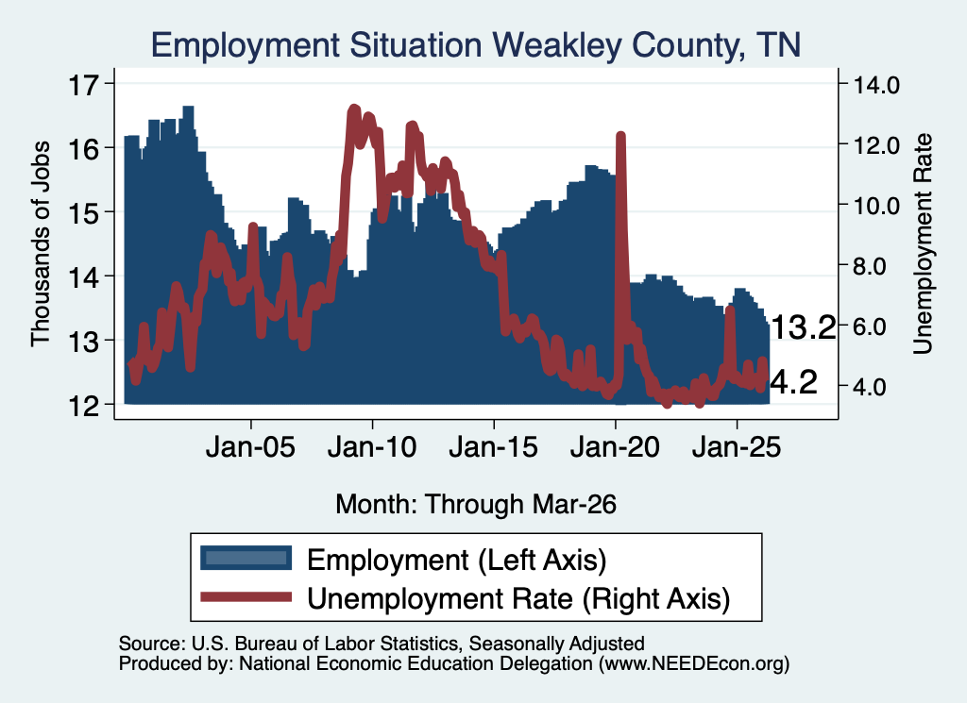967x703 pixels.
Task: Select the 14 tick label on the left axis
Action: click(x=83, y=277)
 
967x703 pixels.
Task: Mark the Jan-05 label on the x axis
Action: click(x=250, y=447)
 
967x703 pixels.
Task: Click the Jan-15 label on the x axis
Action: click(x=493, y=447)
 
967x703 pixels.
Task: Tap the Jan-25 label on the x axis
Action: click(x=737, y=447)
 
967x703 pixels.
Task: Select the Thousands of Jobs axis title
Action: click(x=40, y=244)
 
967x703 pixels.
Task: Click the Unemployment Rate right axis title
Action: click(x=923, y=244)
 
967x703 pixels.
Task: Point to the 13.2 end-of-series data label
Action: click(x=803, y=327)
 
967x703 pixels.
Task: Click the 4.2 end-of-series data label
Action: click(x=793, y=382)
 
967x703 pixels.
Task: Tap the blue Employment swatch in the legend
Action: click(x=246, y=559)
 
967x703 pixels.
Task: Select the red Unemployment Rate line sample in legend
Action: click(x=246, y=597)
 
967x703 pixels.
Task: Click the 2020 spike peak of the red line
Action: click(x=620, y=136)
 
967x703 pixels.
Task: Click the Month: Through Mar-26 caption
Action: click(x=476, y=505)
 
